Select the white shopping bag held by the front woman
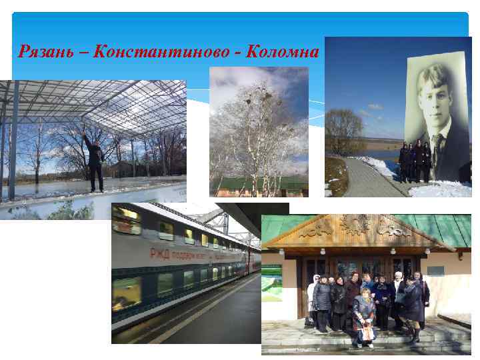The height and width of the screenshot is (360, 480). [365, 331]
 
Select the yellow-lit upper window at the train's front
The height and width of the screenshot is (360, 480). [125, 220]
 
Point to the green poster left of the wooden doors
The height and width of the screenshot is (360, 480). [271, 283]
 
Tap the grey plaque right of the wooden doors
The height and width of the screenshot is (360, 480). [435, 270]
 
